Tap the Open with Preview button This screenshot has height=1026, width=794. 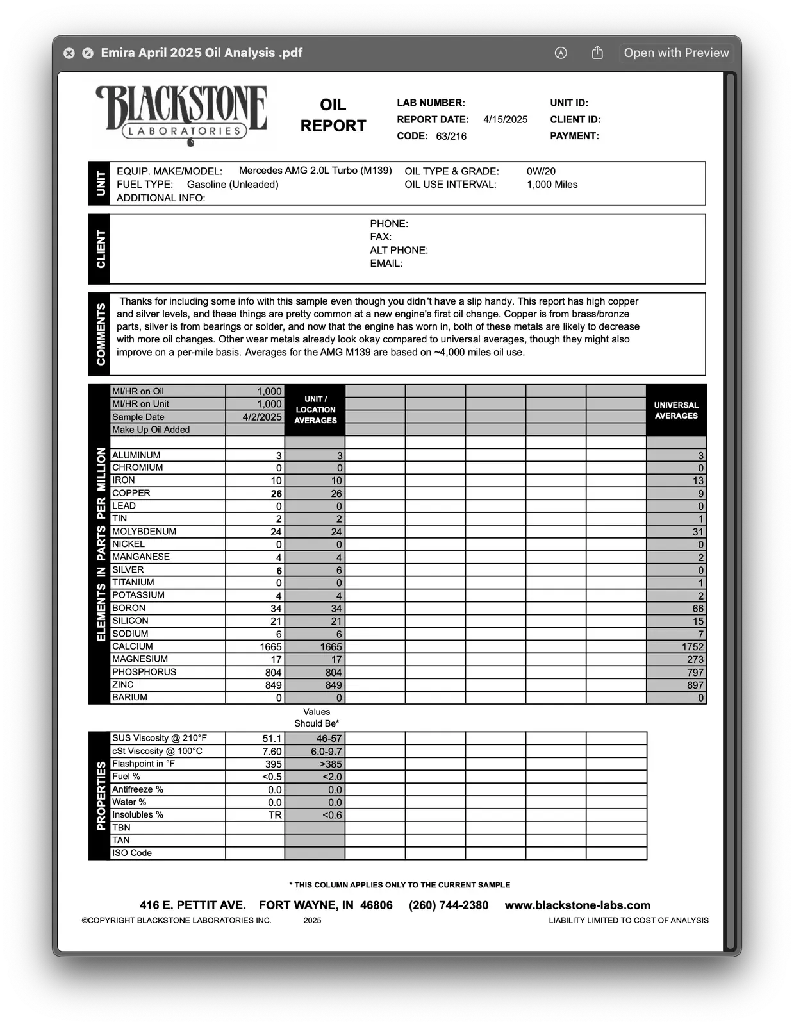tap(676, 53)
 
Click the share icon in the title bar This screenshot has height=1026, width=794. tap(597, 53)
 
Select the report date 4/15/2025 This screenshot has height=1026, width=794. tap(505, 119)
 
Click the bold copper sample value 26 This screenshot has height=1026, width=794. tap(276, 494)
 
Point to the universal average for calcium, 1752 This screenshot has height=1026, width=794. tap(693, 647)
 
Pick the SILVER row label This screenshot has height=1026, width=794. tap(128, 569)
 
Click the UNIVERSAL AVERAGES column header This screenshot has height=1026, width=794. tap(676, 410)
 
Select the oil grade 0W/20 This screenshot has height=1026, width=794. tap(541, 171)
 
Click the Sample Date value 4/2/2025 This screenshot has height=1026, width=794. tap(262, 417)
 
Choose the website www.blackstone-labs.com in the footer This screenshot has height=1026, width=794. tap(577, 905)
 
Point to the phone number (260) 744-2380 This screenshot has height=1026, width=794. tap(449, 905)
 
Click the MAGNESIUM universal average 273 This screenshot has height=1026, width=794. tap(695, 659)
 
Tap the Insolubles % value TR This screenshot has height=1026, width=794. tap(275, 815)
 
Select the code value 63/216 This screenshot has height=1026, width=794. tap(451, 136)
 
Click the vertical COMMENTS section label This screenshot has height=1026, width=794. tap(101, 334)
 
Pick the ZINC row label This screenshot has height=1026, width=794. tap(123, 684)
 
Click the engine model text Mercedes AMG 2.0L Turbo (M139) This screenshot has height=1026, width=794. tap(315, 171)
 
